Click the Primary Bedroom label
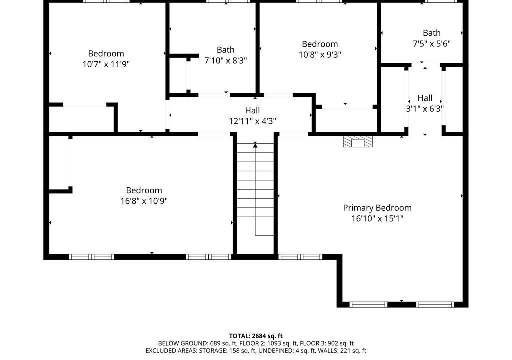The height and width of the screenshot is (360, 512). point(377,208)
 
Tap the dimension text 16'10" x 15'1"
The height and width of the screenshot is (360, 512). point(377,218)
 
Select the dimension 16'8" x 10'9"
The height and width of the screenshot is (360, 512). point(144,201)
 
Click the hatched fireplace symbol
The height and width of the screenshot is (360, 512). point(358,141)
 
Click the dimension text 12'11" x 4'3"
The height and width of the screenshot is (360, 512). point(252,121)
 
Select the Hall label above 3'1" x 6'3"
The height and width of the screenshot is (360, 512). point(425,98)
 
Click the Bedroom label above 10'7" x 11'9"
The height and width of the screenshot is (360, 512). point(106,53)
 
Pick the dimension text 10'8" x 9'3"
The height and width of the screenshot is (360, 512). point(320,54)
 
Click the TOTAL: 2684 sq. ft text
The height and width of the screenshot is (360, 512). point(256,336)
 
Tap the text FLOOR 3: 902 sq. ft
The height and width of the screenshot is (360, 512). point(327,343)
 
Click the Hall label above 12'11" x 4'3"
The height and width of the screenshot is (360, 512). point(252,110)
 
